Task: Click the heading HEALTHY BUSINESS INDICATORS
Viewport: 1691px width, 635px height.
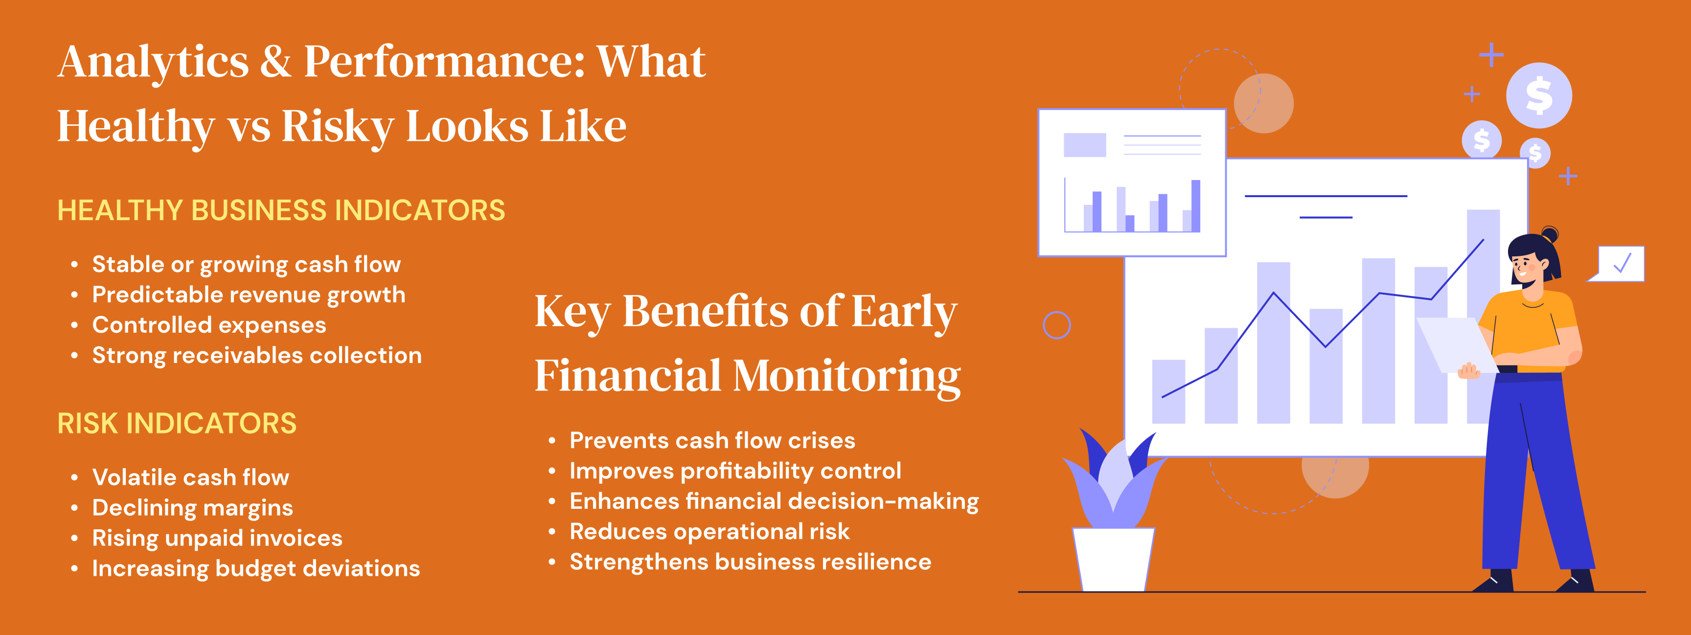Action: pos(281,210)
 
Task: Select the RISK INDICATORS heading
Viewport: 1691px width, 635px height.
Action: pos(177,424)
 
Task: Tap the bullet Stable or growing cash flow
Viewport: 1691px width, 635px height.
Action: pos(246,265)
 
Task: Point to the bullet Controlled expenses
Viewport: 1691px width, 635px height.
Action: pos(209,325)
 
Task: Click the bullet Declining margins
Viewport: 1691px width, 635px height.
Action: pos(192,508)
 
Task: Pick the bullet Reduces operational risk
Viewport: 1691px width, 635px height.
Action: pos(709,531)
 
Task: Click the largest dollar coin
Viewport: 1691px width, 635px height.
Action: pos(1539,95)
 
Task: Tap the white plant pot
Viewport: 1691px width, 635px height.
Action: pos(1113,559)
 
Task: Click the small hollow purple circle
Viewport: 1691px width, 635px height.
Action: pos(1057,325)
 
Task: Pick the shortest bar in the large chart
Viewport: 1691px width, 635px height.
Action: pos(1168,391)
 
